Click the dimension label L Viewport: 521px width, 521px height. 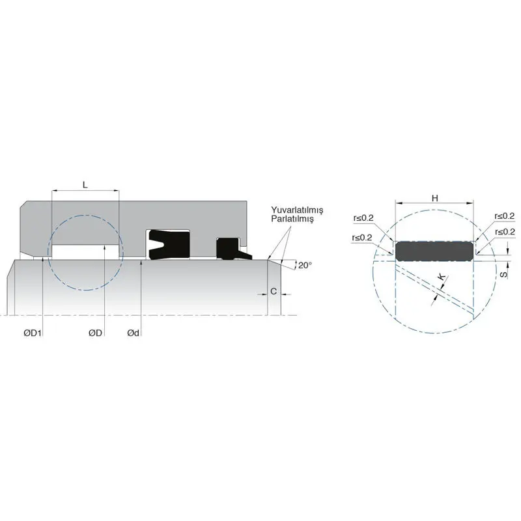(85, 184)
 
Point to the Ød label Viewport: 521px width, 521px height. (134, 333)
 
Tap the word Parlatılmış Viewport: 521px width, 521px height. (293, 220)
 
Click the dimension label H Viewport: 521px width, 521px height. (434, 197)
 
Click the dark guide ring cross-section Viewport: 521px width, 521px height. (435, 251)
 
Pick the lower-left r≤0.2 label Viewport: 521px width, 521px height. (361, 238)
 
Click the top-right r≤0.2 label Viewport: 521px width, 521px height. (504, 216)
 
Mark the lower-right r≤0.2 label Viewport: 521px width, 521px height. (505, 232)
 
